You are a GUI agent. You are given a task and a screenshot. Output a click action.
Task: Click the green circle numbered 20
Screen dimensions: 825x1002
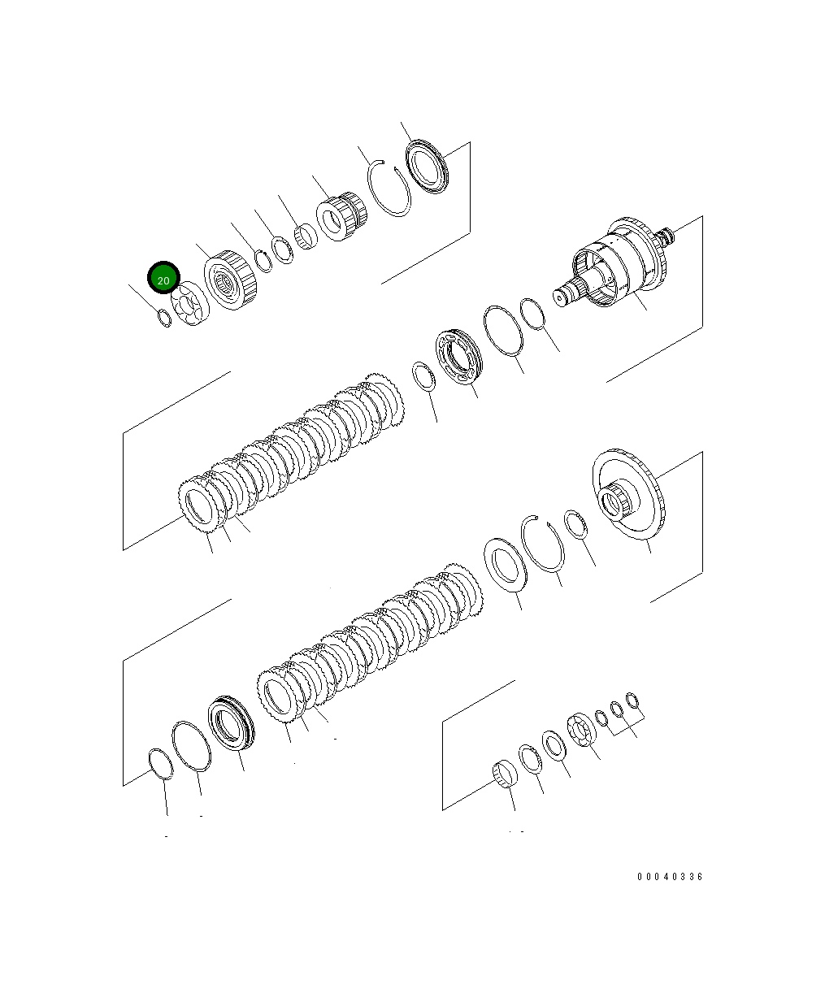click(163, 277)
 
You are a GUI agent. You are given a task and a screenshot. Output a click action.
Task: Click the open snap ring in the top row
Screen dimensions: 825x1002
click(389, 189)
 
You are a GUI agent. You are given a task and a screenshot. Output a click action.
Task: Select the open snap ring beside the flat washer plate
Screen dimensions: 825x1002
click(543, 543)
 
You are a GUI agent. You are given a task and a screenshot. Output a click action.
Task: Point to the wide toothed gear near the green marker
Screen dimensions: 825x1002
click(231, 280)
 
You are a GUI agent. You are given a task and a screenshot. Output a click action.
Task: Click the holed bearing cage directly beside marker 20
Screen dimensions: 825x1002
click(190, 303)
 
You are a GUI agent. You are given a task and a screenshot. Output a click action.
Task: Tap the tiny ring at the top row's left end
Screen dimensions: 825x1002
click(164, 318)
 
